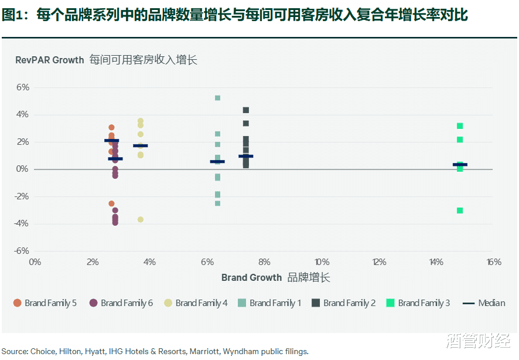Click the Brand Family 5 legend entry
(x=45, y=303)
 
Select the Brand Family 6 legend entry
(x=121, y=303)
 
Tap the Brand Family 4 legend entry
(x=196, y=303)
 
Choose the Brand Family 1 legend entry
(x=270, y=303)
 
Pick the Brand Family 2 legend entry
(x=344, y=303)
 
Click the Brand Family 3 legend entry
(x=418, y=303)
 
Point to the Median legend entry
(x=484, y=303)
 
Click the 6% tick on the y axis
(x=22, y=87)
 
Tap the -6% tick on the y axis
(x=21, y=250)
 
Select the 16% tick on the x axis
(x=494, y=262)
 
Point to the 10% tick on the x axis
(x=322, y=262)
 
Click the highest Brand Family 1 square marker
(x=217, y=98)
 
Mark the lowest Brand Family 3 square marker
(x=460, y=210)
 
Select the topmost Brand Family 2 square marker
(x=246, y=110)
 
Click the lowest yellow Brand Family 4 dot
(x=141, y=220)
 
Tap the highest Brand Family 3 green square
(x=460, y=126)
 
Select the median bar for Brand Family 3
(x=460, y=165)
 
